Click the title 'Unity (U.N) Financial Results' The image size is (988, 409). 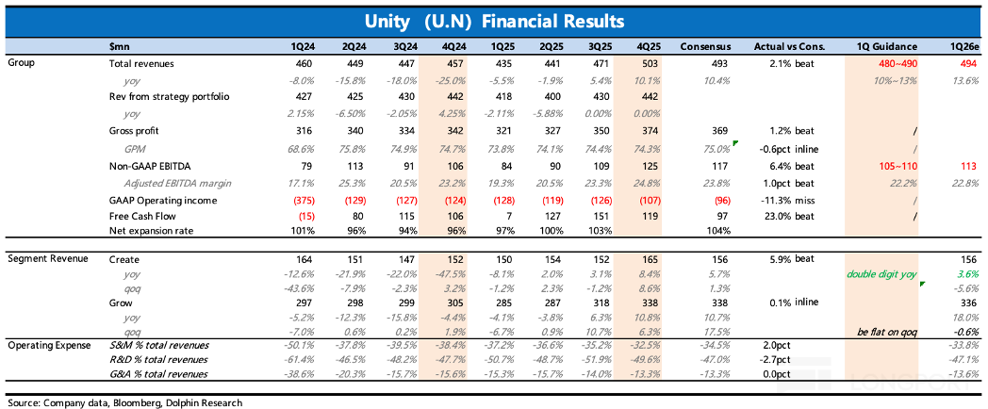click(x=495, y=22)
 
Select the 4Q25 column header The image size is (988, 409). click(x=646, y=46)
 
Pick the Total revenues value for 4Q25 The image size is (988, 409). click(x=650, y=64)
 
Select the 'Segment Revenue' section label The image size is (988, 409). click(x=38, y=259)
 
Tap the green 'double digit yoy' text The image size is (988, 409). click(x=881, y=274)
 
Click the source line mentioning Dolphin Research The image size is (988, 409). click(x=124, y=401)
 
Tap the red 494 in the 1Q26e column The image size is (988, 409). click(x=970, y=64)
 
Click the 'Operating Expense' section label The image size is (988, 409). click(x=42, y=345)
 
